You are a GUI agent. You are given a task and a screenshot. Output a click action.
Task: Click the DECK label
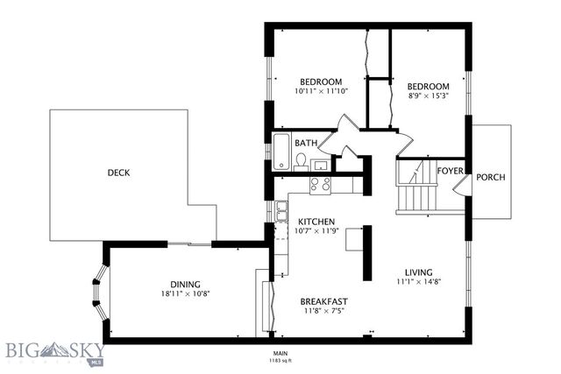(118, 173)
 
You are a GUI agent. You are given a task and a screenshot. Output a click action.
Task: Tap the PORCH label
(490, 178)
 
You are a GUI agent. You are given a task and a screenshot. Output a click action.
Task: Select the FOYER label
(450, 171)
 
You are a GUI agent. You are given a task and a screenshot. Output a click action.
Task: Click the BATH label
(305, 143)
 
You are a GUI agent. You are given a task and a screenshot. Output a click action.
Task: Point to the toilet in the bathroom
(301, 160)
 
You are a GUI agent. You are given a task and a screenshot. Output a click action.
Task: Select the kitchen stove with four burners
(320, 184)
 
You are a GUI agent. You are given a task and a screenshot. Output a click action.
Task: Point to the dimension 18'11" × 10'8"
(186, 295)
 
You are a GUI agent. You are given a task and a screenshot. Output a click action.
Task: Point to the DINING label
(186, 284)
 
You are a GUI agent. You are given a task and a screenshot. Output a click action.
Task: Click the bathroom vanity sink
(321, 164)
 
